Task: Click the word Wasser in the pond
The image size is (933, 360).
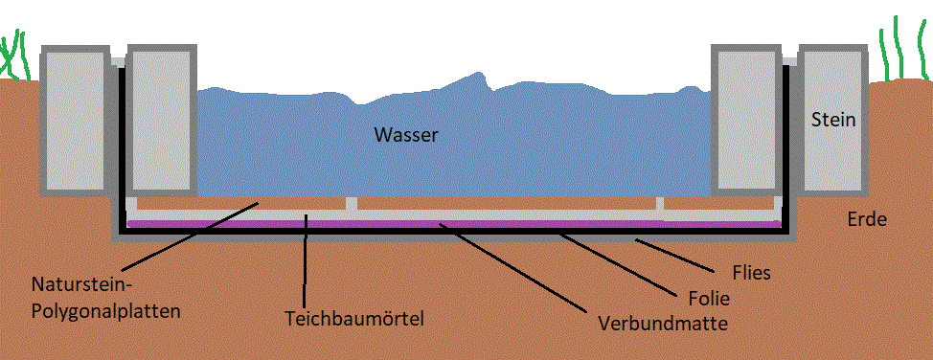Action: pyautogui.click(x=406, y=135)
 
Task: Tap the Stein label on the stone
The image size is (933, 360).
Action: pyautogui.click(x=833, y=120)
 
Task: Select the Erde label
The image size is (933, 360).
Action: pyautogui.click(x=868, y=219)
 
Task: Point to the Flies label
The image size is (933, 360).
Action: pyautogui.click(x=752, y=273)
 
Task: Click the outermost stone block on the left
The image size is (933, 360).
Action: pyautogui.click(x=76, y=121)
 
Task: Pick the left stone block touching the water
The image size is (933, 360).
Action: pyautogui.click(x=162, y=121)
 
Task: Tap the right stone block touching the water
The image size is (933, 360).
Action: pyautogui.click(x=746, y=121)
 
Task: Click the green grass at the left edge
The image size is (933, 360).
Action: pyautogui.click(x=14, y=56)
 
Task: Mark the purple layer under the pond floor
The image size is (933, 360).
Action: pyautogui.click(x=454, y=224)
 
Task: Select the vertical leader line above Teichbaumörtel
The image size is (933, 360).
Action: pyautogui.click(x=305, y=260)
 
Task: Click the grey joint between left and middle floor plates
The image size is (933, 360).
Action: pyautogui.click(x=352, y=203)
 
